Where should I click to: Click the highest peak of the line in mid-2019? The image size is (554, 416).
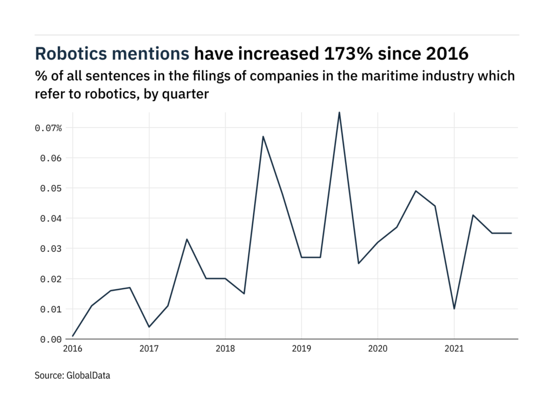point(339,113)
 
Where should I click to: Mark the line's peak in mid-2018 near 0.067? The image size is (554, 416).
point(263,136)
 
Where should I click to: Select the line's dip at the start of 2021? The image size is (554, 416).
point(454,309)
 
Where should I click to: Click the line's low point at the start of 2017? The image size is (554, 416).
point(149,327)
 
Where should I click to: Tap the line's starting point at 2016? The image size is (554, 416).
point(72,336)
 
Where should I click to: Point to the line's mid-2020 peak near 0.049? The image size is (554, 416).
point(415,191)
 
